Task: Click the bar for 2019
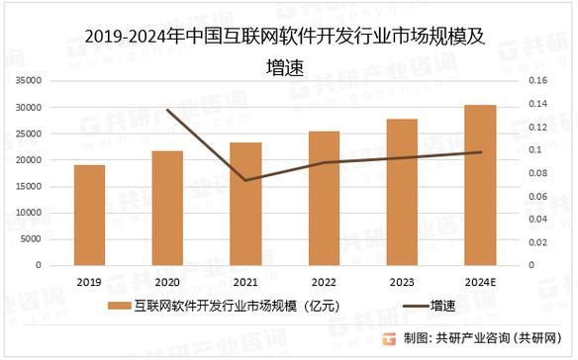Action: click(x=89, y=215)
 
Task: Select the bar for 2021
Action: click(x=245, y=204)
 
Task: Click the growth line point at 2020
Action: click(x=167, y=110)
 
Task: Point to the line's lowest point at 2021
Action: click(x=245, y=180)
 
